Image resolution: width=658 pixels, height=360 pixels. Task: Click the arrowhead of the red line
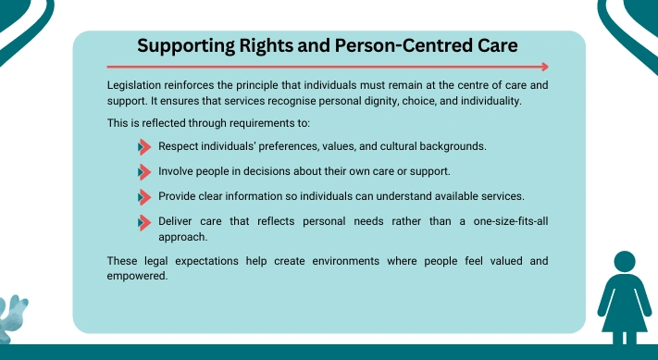pos(545,67)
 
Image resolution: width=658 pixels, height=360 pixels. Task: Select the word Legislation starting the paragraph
pos(134,85)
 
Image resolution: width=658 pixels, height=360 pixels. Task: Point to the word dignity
pos(382,102)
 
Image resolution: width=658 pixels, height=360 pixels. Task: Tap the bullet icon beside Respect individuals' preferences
pos(144,147)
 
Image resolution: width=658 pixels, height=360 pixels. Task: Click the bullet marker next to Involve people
pos(144,172)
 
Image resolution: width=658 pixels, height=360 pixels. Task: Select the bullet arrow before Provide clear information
pos(144,197)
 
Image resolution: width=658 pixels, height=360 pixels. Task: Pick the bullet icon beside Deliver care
pos(144,223)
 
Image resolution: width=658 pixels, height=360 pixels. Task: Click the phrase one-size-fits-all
pos(511,221)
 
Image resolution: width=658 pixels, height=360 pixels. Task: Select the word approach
pos(183,238)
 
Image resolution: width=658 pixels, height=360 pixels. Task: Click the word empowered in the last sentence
pos(137,277)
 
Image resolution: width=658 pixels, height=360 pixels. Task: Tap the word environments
pos(346,261)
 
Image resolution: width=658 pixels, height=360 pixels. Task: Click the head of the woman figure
pos(625,261)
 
